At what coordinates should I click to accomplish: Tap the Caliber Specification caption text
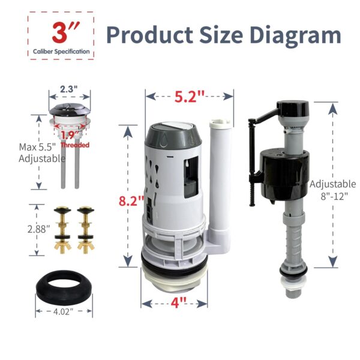(62, 52)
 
